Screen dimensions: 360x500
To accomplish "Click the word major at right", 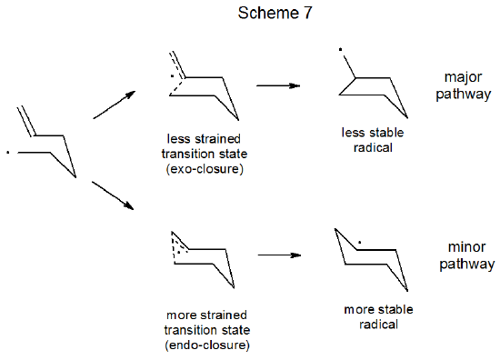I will [x=466, y=76].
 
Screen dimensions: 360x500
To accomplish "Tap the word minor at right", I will [x=466, y=247].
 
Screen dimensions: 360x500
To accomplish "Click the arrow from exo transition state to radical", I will [x=278, y=85].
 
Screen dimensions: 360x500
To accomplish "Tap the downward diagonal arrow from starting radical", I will [x=115, y=195].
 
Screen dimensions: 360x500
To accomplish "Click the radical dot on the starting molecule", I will [x=8, y=151].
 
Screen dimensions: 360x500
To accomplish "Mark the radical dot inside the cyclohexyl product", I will [x=360, y=243].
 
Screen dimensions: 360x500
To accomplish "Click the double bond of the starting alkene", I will [x=27, y=121].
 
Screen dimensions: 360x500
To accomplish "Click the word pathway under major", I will [x=466, y=94].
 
